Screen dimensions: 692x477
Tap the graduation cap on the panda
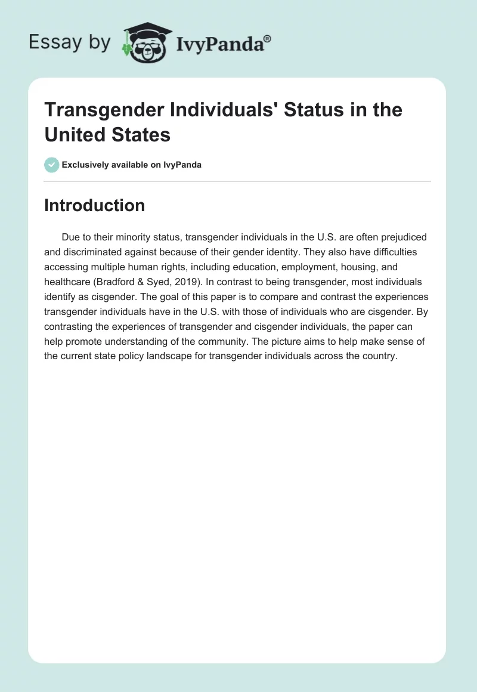coord(146,30)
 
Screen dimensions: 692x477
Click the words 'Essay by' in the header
coord(69,43)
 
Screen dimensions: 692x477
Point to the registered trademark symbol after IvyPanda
coord(268,38)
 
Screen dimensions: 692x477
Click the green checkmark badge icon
coord(52,165)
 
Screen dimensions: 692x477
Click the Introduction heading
coord(94,205)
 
